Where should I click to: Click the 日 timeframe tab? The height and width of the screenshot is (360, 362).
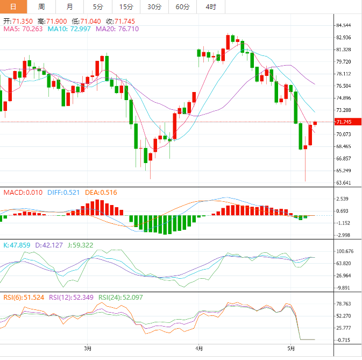click(13, 6)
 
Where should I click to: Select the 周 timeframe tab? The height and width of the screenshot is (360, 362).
click(42, 6)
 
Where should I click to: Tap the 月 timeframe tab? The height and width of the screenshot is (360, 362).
click(70, 6)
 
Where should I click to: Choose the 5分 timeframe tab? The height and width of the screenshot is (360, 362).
click(97, 6)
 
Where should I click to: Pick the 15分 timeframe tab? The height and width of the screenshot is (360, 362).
click(126, 6)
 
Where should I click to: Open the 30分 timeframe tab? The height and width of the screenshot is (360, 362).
click(154, 6)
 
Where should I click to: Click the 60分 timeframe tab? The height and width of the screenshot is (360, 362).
click(182, 6)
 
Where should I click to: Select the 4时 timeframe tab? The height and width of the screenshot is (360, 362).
click(210, 6)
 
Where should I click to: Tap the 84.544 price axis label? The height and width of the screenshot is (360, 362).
click(343, 25)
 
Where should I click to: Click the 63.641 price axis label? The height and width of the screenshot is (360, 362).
click(343, 183)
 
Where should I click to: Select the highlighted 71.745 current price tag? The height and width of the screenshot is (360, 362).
click(343, 122)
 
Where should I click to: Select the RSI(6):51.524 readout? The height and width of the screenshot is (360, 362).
click(24, 297)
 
